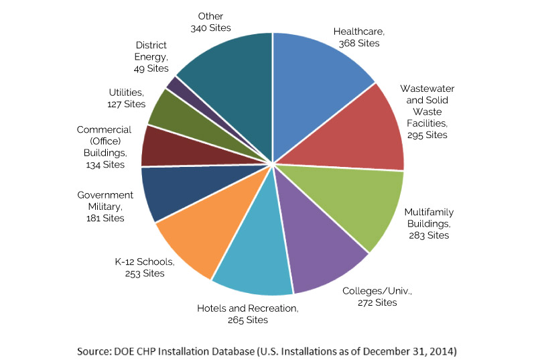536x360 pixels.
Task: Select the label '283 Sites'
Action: point(429,235)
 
